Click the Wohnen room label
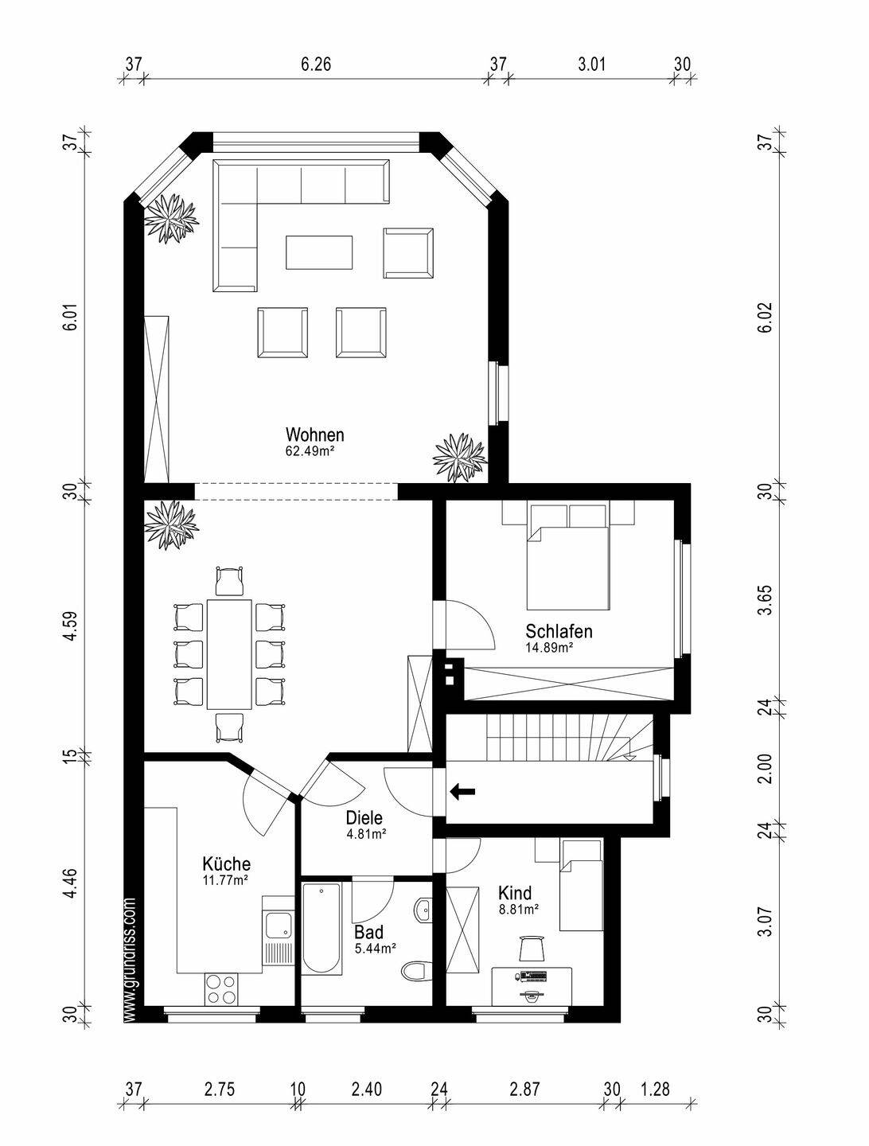314,435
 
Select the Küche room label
227,863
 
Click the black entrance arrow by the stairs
462,792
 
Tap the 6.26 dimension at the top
316,64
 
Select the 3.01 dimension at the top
591,64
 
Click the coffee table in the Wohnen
319,253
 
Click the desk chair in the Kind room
532,948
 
